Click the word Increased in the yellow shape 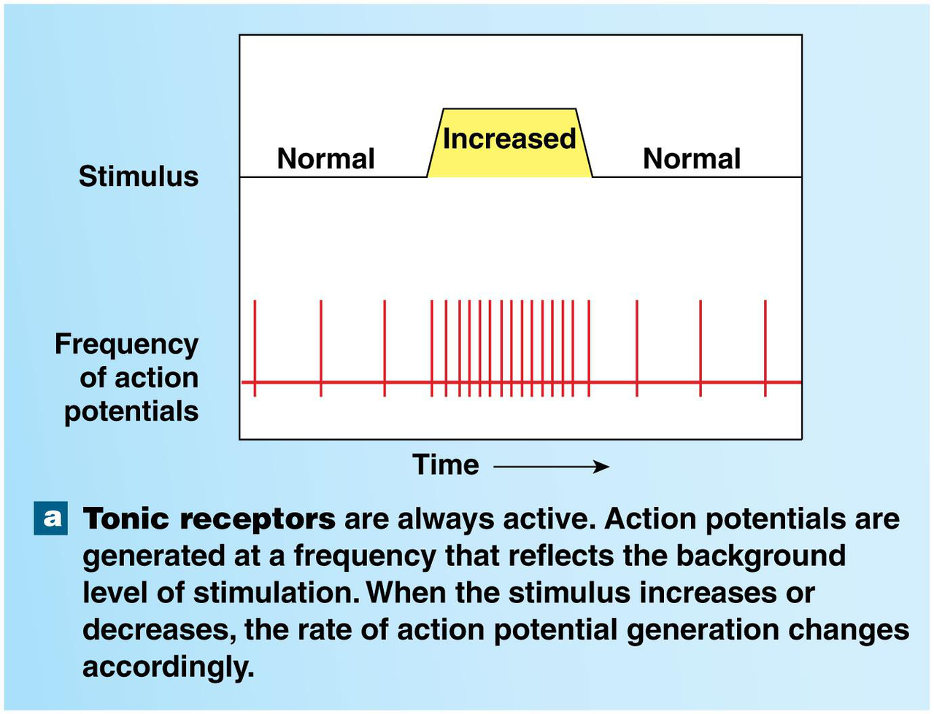click(x=509, y=139)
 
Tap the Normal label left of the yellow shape click(x=325, y=159)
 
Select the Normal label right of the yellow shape click(x=691, y=159)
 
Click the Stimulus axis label click(x=139, y=176)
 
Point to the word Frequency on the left click(x=126, y=344)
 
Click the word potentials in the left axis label click(x=131, y=411)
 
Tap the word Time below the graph click(x=446, y=465)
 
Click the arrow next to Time click(x=551, y=467)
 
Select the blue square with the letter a click(x=51, y=518)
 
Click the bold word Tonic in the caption click(x=126, y=519)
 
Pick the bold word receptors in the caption click(x=258, y=519)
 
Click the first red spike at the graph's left click(x=255, y=348)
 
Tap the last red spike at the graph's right click(x=765, y=348)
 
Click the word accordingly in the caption click(x=168, y=667)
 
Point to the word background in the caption click(x=760, y=556)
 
